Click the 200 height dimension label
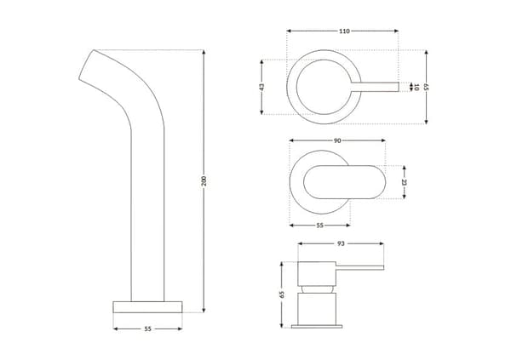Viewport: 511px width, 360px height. point(204,180)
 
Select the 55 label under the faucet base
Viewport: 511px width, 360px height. point(147,329)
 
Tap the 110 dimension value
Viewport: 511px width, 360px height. point(344,31)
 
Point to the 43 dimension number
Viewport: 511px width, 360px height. point(261,88)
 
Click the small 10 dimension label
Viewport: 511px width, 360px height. point(416,87)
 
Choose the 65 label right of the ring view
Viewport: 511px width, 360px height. point(426,87)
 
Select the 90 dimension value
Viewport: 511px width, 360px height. point(337,140)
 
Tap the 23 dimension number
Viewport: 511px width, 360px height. point(404,182)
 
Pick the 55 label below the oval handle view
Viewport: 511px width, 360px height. point(320,226)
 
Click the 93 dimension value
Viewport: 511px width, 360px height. point(341,243)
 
